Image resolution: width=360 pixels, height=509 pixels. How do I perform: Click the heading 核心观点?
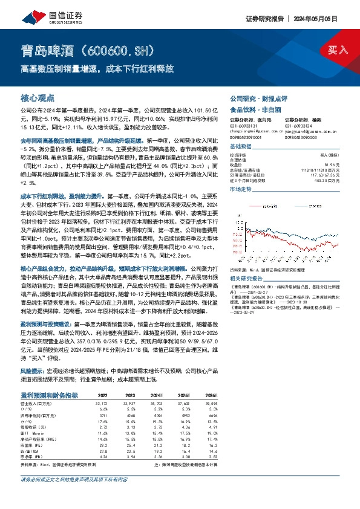[38, 97]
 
